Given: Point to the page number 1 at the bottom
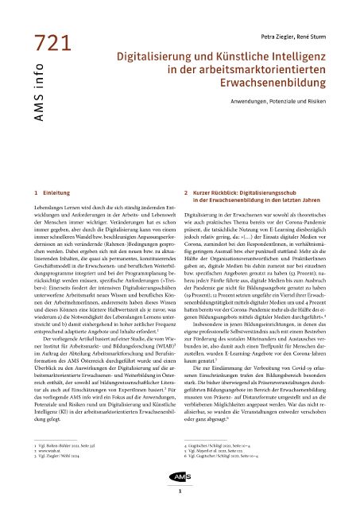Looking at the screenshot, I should tap(180, 493).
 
